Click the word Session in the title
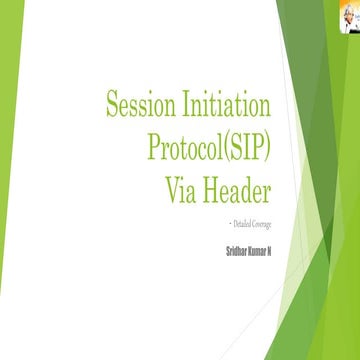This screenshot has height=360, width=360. tap(146, 102)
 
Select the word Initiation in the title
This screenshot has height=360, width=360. tap(235, 102)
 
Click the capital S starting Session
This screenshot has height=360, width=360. tap(113, 102)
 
